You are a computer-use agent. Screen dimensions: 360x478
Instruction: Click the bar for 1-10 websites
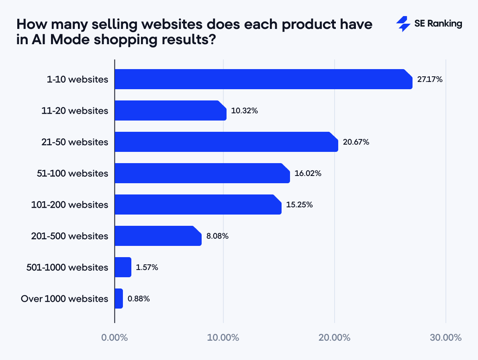click(263, 79)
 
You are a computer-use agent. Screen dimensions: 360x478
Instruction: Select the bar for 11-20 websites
click(170, 110)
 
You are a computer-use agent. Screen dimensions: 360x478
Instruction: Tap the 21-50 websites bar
click(226, 142)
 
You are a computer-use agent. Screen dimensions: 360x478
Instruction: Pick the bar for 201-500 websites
click(158, 236)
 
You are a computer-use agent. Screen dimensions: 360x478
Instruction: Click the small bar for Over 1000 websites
click(118, 299)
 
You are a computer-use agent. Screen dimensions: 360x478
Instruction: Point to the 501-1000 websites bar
click(123, 267)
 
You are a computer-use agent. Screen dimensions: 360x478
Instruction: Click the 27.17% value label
click(429, 80)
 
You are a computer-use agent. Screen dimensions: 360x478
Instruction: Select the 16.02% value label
click(308, 174)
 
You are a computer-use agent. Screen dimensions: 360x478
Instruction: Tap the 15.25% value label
click(299, 205)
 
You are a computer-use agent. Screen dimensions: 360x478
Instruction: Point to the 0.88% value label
click(139, 299)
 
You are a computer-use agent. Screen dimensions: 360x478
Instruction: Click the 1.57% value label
click(147, 268)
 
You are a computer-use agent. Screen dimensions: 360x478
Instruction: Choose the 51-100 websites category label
click(72, 174)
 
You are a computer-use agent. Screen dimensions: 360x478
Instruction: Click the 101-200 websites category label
click(69, 205)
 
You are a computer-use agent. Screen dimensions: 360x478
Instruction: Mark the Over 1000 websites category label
click(64, 299)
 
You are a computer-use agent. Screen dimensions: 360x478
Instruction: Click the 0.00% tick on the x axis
click(114, 337)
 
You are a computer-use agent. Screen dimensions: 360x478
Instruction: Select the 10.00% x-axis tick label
click(223, 337)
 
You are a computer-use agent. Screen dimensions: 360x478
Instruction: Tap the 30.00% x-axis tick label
click(445, 337)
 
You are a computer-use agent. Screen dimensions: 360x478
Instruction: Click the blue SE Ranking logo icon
click(403, 24)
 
